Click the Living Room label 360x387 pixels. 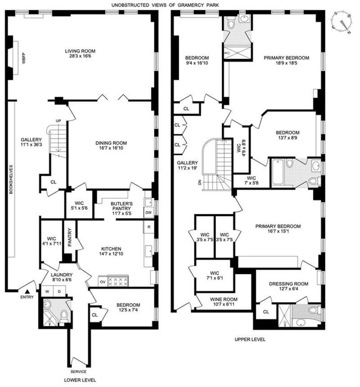point(80,51)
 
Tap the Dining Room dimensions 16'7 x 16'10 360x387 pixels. point(111,148)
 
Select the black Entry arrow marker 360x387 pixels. point(27,292)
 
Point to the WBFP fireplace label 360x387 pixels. point(24,58)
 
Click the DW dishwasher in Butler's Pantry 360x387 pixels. point(148,212)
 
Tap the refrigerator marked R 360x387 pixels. point(149,227)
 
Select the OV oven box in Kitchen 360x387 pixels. point(103,282)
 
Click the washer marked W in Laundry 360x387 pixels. point(47,292)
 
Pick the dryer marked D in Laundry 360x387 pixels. point(59,292)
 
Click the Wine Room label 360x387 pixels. point(224,299)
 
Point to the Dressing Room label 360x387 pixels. point(288,284)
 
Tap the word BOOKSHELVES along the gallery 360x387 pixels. point(11,180)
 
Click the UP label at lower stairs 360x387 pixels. point(58,121)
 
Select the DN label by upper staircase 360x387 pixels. point(199,182)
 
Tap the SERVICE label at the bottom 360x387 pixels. point(78,371)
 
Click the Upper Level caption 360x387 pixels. point(250,339)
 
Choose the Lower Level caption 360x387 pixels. point(80,380)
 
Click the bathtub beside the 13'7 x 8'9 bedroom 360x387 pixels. point(278,172)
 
